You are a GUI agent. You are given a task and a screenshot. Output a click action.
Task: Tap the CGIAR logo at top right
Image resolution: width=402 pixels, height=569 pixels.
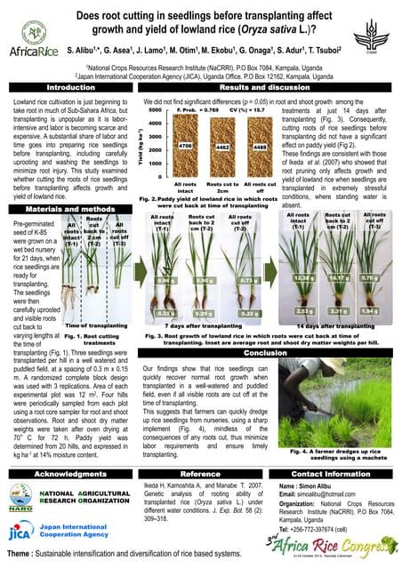[378, 32]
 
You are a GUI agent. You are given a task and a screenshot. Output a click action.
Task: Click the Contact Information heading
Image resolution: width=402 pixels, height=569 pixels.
[330, 475]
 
